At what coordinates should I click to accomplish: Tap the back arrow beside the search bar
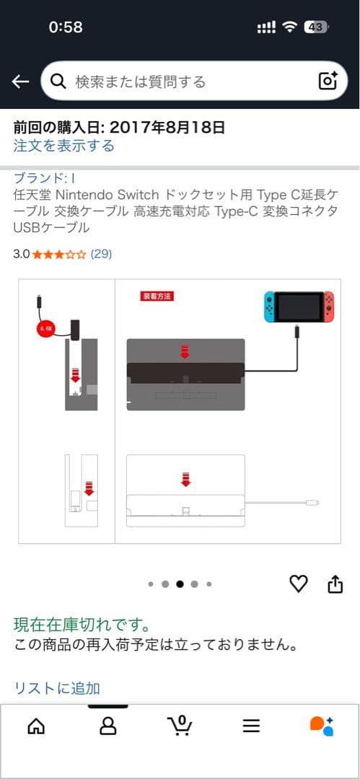[x=20, y=82]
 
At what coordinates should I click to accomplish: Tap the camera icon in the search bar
[x=328, y=82]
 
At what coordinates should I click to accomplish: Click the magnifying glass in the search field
[x=59, y=82]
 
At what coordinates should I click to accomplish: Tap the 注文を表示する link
[x=63, y=146]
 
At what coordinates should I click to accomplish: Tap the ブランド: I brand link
[x=45, y=177]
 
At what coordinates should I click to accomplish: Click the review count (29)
[x=101, y=254]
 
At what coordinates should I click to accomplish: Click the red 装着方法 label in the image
[x=157, y=296]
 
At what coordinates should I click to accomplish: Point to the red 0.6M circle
[x=45, y=330]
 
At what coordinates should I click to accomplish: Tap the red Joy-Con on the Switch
[x=329, y=307]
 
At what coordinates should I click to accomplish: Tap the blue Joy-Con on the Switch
[x=268, y=307]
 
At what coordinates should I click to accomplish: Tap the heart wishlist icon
[x=298, y=584]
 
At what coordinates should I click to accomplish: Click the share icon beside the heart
[x=335, y=584]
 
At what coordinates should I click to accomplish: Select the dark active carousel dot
[x=180, y=584]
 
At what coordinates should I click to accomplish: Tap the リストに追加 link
[x=57, y=687]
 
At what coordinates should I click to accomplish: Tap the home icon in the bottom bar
[x=35, y=726]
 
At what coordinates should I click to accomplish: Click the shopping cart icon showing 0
[x=180, y=725]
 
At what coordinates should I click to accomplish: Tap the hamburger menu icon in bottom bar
[x=251, y=726]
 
